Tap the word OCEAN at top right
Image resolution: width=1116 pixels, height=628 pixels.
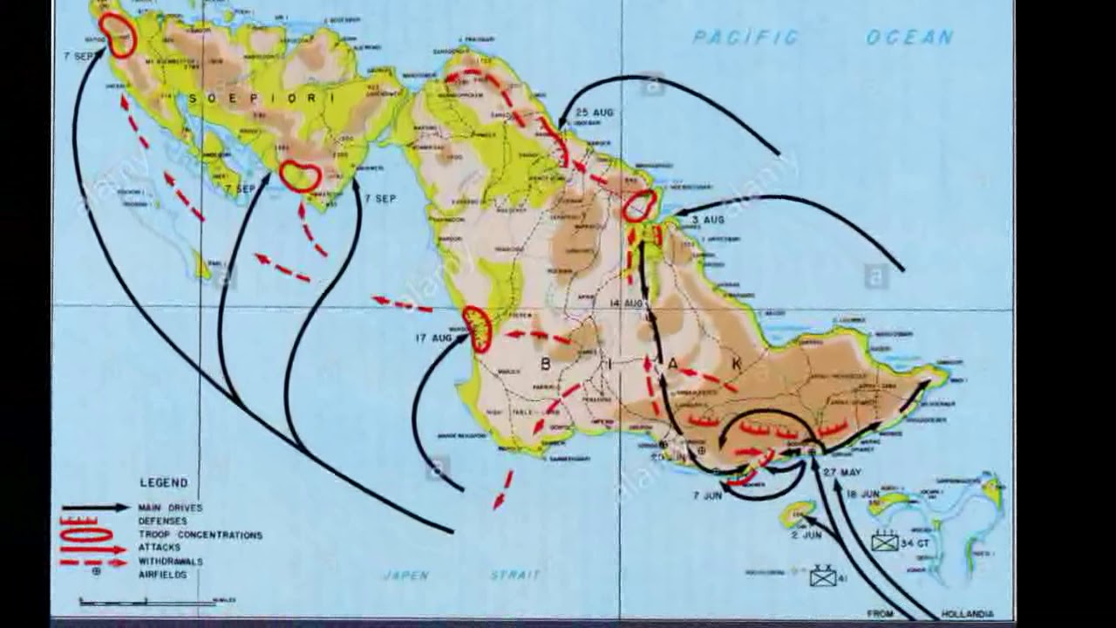[x=909, y=37]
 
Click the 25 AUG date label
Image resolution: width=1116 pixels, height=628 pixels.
[x=595, y=113]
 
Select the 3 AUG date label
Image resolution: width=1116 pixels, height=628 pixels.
[x=707, y=220]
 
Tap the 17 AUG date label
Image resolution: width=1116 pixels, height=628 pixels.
[x=433, y=338]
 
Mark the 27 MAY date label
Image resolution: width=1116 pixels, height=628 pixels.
[x=842, y=472]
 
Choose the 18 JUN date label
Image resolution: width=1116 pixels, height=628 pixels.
[x=863, y=495]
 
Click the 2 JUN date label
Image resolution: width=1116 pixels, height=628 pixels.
[x=806, y=535]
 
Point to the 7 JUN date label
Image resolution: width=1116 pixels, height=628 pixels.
[x=707, y=495]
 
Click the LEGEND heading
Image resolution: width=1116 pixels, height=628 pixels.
[x=163, y=482]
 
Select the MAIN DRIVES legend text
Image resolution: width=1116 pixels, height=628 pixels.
[x=170, y=508]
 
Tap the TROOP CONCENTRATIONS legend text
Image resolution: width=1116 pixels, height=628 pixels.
[x=200, y=535]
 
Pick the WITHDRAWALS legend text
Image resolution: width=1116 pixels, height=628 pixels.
[x=170, y=562]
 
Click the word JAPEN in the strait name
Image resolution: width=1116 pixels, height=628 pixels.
[x=406, y=575]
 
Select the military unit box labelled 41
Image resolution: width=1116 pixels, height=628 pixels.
[x=822, y=577]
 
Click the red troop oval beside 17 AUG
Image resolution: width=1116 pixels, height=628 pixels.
[x=477, y=329]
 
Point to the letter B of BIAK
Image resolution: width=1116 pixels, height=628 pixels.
[x=546, y=364]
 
